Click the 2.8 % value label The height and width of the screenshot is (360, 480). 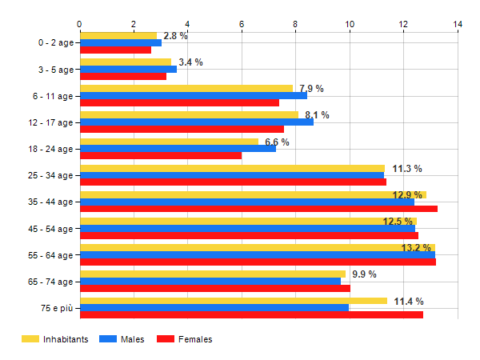tap(175, 36)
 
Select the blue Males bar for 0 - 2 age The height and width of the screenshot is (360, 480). tap(120, 42)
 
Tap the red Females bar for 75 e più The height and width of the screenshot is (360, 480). tap(251, 314)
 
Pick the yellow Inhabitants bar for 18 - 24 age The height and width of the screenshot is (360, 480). tap(169, 142)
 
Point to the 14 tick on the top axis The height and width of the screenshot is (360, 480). tap(458, 24)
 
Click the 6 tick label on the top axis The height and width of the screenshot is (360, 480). tap(242, 24)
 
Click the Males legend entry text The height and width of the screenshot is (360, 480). tap(133, 340)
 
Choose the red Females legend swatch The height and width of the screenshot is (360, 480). tap(166, 340)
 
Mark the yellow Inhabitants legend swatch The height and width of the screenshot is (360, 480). tap(30, 340)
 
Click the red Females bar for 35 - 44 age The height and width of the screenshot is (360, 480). tap(258, 209)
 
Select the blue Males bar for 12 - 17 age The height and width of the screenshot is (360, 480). tap(196, 122)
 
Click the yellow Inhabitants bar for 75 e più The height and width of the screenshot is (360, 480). tap(233, 301)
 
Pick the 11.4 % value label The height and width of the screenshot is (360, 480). tap(408, 301)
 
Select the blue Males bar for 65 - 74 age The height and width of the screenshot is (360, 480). tap(210, 281)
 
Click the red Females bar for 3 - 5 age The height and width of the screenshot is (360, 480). tap(123, 76)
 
